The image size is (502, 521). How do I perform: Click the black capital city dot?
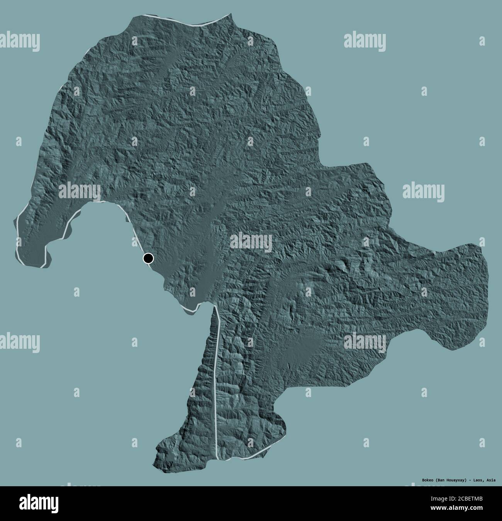[148, 258]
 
